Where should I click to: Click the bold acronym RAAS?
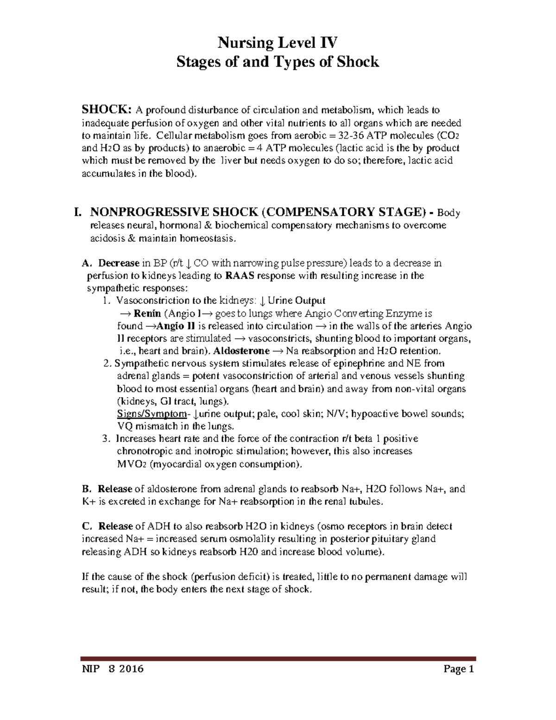click(240, 276)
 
